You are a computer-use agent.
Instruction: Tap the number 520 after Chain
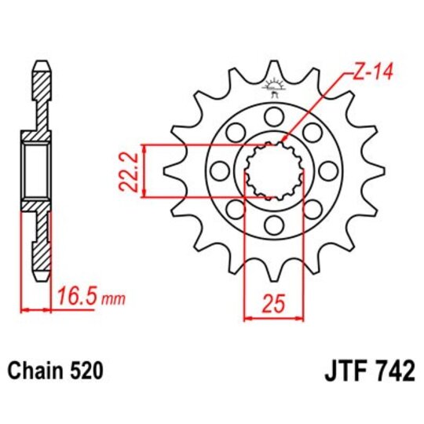point(81,369)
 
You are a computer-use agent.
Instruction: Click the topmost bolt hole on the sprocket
point(274,117)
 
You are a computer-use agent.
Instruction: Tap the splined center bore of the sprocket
point(274,171)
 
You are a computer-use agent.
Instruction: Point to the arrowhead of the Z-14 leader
point(283,141)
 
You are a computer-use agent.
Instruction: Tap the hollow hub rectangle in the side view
point(35,171)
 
